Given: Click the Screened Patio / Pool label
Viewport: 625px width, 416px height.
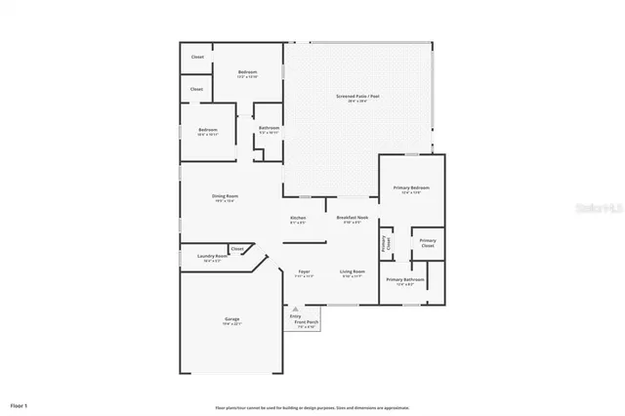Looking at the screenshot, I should point(357,97).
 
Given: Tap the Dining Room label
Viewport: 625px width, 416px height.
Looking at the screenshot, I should point(226,196).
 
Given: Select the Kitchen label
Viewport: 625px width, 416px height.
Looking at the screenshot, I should point(298,218).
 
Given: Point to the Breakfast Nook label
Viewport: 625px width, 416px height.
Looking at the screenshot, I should point(352,218).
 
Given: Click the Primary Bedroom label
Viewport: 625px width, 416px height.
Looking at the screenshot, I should point(411,187).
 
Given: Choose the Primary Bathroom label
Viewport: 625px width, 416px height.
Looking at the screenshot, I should point(404,280).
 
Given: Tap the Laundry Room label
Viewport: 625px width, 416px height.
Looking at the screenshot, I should point(198,257).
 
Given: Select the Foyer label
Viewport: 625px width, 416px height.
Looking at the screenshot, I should point(304,272).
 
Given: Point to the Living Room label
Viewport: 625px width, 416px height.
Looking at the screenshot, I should point(352,271).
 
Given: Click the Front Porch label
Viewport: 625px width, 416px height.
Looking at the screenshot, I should point(307,321).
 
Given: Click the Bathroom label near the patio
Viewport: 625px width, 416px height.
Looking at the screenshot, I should point(270,128).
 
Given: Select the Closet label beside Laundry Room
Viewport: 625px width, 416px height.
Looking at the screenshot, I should point(237,249).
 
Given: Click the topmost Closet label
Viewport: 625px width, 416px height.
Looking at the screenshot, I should point(197,58).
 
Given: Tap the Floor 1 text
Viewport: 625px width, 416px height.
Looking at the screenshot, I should point(20,403).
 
